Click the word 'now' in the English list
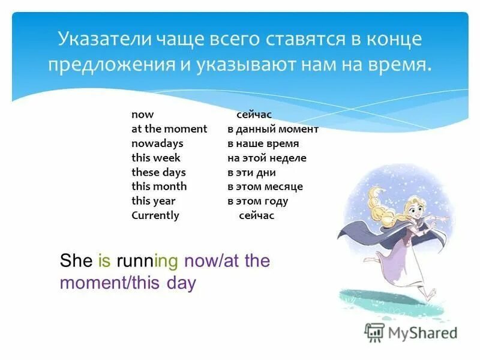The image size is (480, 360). (x=143, y=115)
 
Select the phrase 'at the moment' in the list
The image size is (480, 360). (x=169, y=129)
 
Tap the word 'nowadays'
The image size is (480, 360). (x=157, y=143)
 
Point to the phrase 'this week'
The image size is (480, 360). (x=156, y=158)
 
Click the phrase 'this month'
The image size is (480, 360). (x=159, y=187)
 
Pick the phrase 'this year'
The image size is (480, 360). (x=154, y=201)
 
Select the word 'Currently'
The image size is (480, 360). (x=155, y=215)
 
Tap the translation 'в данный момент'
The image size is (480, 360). (x=273, y=129)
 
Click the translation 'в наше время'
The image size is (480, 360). (x=263, y=143)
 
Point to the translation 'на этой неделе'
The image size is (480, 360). (x=266, y=158)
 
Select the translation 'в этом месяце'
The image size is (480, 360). (x=265, y=187)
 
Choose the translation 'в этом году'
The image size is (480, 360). (x=257, y=201)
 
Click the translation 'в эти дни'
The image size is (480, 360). (x=251, y=172)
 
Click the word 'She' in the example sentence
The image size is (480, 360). (x=76, y=261)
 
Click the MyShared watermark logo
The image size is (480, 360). (x=411, y=332)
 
